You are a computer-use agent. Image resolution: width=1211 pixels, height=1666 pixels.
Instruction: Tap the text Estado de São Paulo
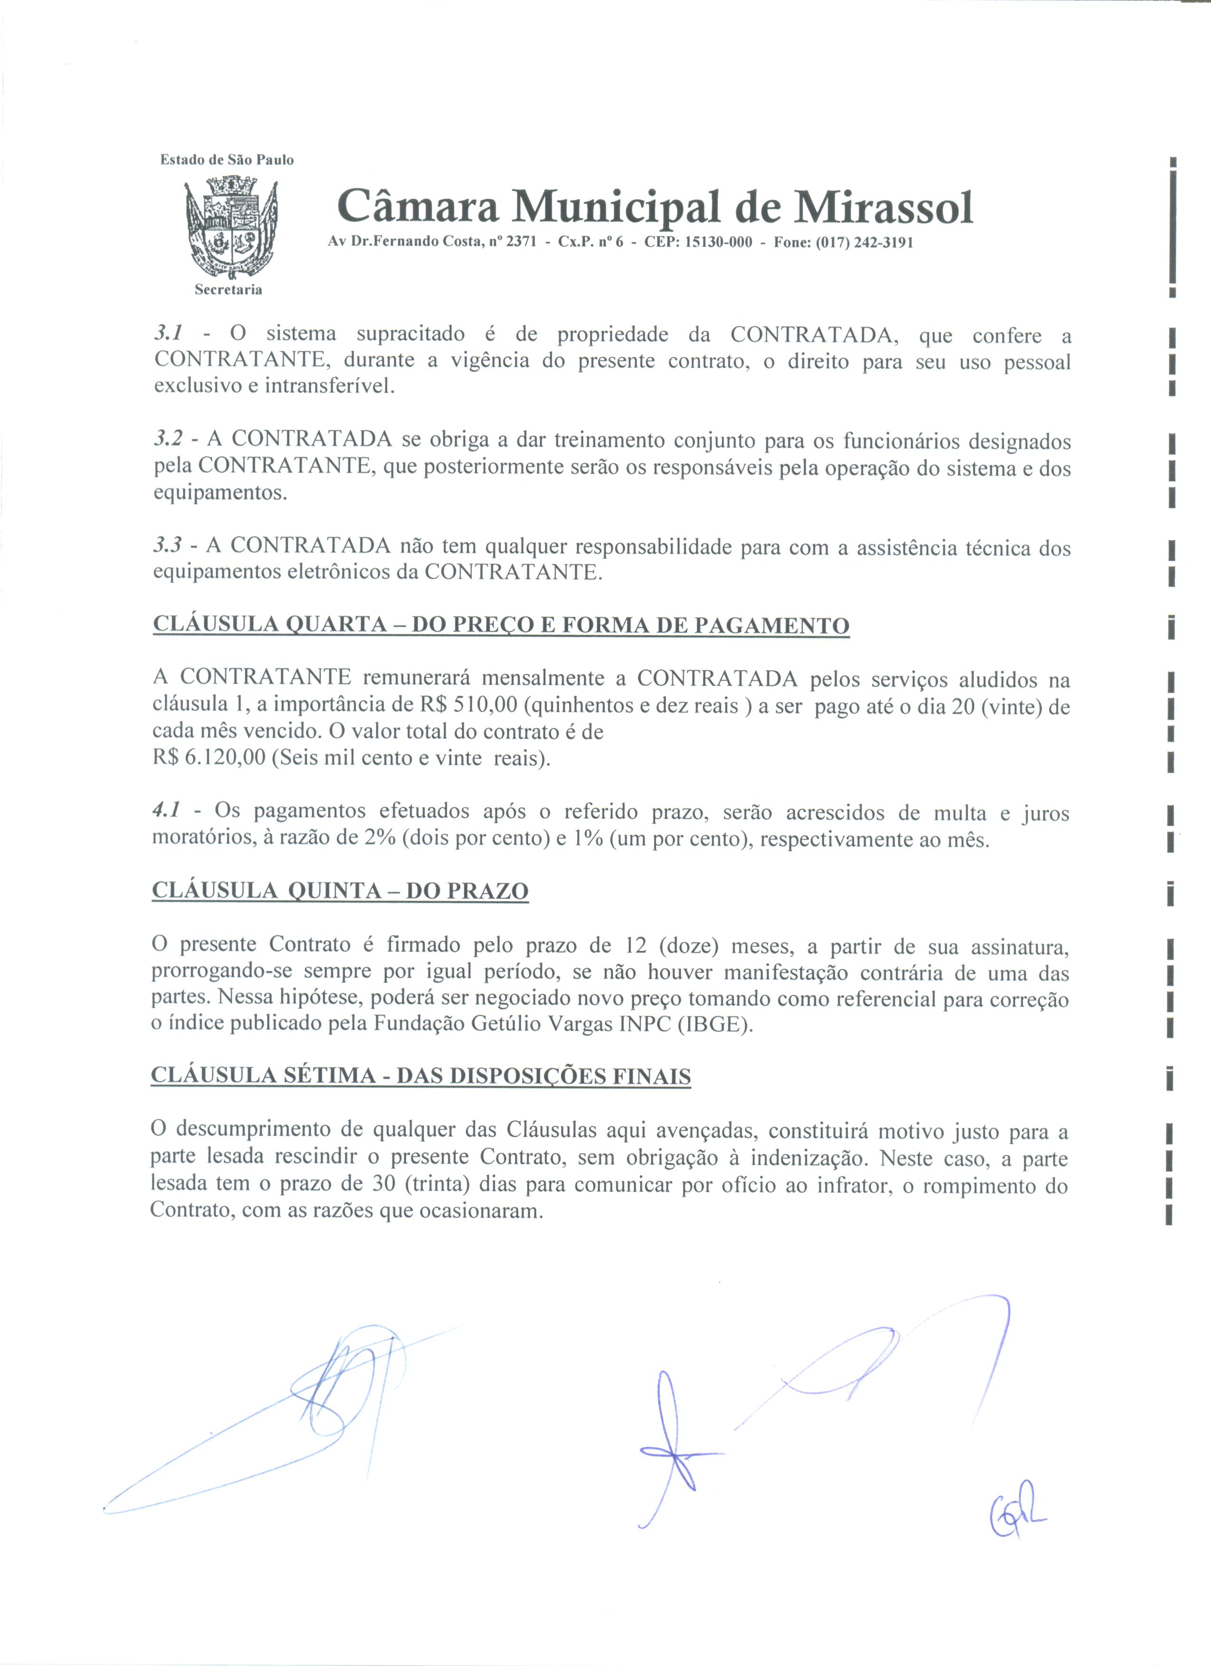(x=227, y=160)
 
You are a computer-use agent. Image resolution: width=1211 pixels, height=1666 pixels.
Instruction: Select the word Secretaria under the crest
(x=228, y=290)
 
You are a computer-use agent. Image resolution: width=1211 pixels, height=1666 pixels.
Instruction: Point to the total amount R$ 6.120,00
(x=208, y=758)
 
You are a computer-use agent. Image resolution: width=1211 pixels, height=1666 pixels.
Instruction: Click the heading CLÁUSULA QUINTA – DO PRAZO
(x=340, y=891)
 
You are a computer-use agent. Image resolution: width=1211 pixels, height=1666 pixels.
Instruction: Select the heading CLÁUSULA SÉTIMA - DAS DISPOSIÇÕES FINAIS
(x=420, y=1077)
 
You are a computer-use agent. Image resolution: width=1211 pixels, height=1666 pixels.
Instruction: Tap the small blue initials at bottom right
(x=1018, y=1517)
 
